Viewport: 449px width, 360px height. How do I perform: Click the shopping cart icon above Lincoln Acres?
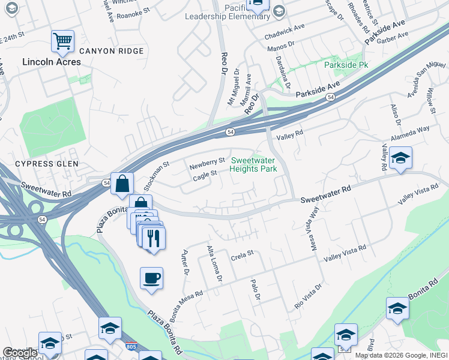tap(62, 41)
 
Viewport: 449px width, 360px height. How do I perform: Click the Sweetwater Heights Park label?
tap(254, 164)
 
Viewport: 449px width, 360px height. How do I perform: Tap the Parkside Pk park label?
tap(346, 64)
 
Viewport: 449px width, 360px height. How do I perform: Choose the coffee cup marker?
tap(151, 278)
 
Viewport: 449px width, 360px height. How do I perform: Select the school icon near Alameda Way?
tap(400, 158)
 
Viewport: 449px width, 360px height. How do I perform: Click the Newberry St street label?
tap(206, 161)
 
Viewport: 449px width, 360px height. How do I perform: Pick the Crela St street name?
tap(243, 257)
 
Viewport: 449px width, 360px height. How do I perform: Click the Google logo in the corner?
tap(20, 353)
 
